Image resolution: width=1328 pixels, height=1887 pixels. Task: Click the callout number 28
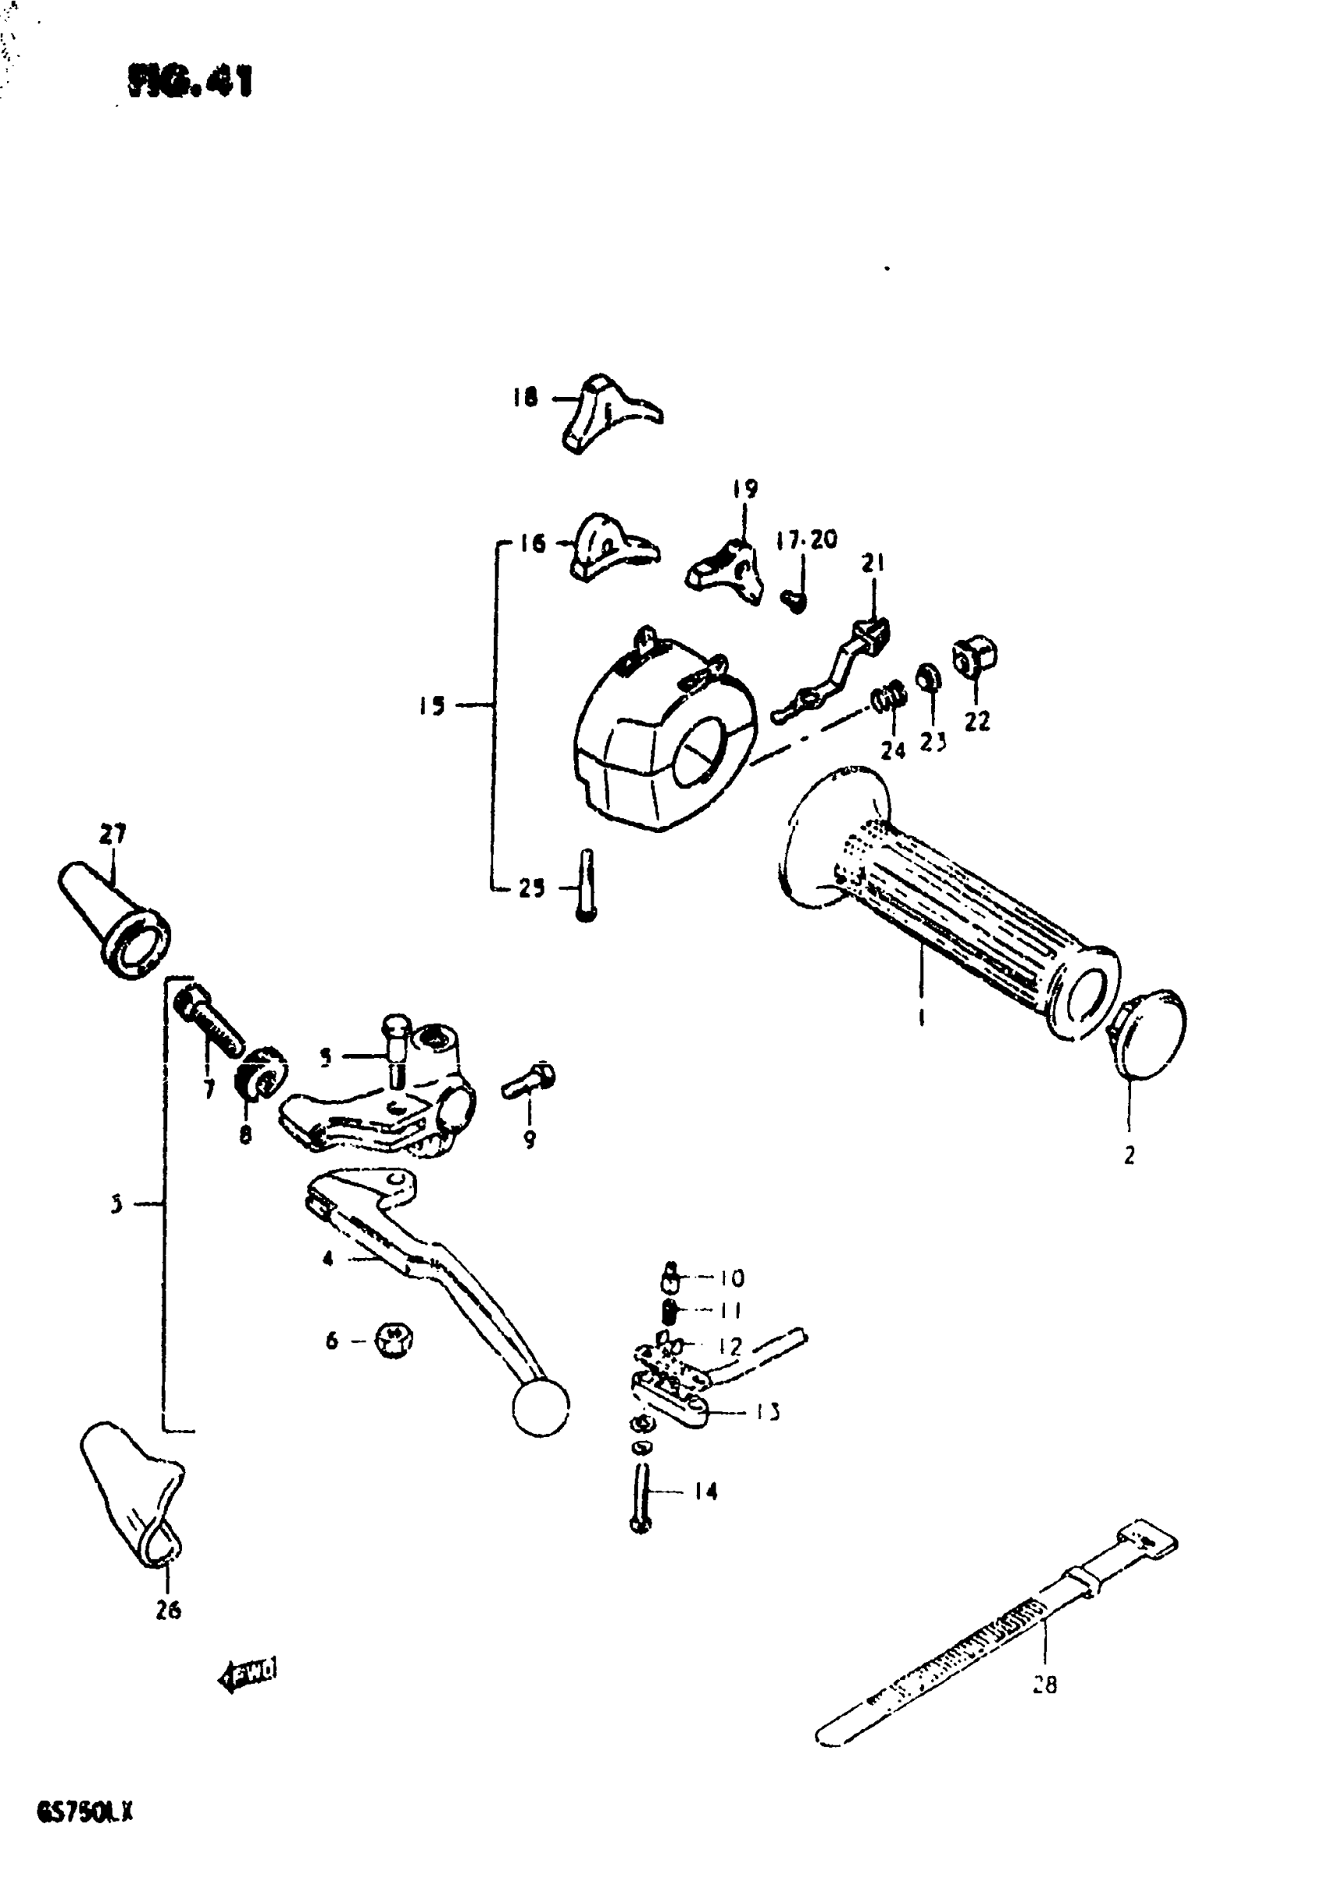1044,1684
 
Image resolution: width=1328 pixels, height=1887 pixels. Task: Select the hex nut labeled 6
394,1341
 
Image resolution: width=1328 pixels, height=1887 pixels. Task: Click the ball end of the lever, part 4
540,1407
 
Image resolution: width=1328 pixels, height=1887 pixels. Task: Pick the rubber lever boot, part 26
133,1492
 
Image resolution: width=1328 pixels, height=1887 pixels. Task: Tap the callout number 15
431,705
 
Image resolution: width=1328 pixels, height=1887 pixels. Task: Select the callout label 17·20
806,540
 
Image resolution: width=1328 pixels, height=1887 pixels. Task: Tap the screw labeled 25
586,886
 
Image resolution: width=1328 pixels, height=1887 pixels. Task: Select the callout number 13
768,1412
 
